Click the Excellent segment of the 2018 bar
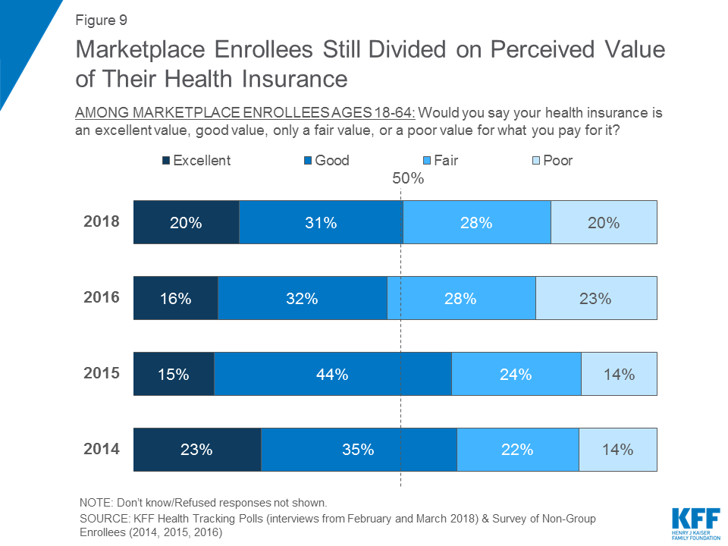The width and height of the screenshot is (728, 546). (x=186, y=222)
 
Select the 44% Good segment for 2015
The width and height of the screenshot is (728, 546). (x=333, y=374)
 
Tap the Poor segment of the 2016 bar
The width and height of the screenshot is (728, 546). (x=596, y=298)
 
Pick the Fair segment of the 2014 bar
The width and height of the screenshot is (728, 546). (x=517, y=450)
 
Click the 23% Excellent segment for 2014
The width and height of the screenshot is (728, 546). (x=196, y=450)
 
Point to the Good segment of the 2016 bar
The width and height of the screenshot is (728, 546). (x=302, y=298)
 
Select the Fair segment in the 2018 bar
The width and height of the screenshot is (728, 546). (x=476, y=222)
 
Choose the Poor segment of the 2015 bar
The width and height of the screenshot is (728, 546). (x=619, y=374)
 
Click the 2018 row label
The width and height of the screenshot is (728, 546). (x=102, y=221)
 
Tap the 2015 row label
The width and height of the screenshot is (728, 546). (x=102, y=373)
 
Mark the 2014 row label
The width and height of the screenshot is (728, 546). (x=102, y=449)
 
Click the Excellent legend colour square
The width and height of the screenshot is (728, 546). (x=166, y=161)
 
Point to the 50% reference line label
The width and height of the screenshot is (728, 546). (x=407, y=180)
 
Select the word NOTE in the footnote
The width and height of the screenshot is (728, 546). (x=96, y=503)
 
